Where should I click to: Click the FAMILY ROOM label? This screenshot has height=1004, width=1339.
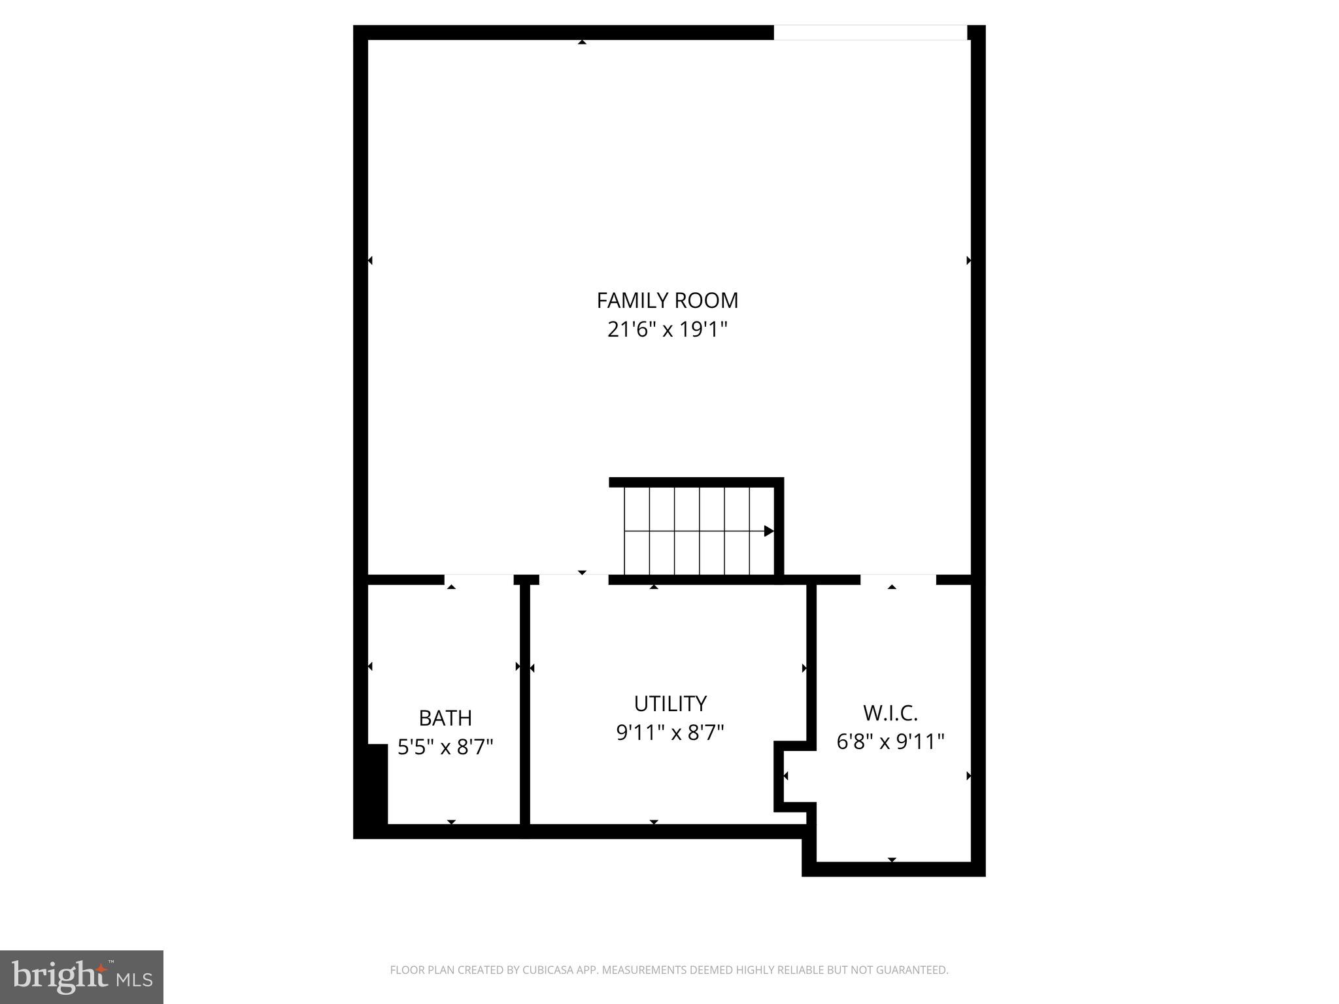coord(667,301)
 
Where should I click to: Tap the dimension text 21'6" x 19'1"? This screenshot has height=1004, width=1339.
coord(667,329)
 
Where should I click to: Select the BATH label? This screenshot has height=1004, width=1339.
coord(445,718)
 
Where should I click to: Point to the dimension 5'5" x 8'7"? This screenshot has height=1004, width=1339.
coord(445,746)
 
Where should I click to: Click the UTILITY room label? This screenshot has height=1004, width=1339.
coord(670,704)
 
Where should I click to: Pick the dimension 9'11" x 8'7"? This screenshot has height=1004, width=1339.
coord(670,733)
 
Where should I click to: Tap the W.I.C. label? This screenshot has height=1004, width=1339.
coord(890,712)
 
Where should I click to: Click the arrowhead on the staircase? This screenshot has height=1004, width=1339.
coord(769,531)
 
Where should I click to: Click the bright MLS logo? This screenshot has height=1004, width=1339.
coord(81,977)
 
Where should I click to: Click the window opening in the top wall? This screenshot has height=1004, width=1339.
coord(870,33)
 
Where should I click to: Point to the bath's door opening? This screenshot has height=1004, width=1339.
coord(479,579)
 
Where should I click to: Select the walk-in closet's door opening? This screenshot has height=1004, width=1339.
coord(898,579)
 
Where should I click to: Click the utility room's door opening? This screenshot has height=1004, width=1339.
coord(573,579)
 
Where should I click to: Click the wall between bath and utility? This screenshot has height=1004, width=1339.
coord(524,706)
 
